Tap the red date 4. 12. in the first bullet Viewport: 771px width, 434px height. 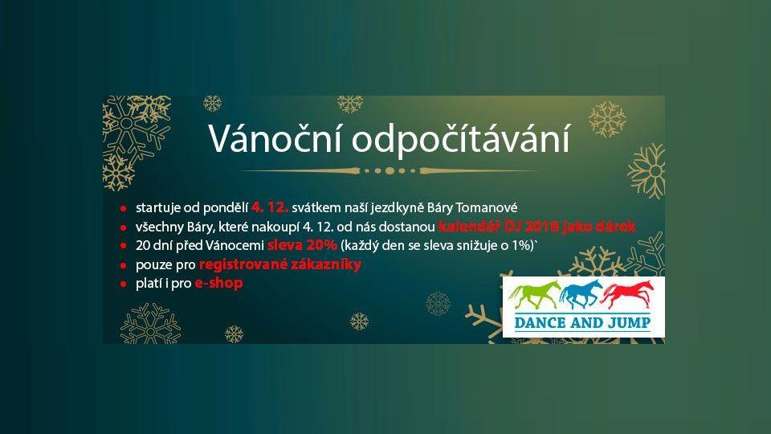point(270,207)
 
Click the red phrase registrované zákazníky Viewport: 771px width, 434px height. point(279,264)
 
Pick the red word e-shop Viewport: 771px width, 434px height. point(218,284)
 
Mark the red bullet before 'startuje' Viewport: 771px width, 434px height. point(124,208)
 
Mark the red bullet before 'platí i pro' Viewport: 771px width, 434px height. point(124,285)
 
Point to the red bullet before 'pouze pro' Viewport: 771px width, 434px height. point(124,265)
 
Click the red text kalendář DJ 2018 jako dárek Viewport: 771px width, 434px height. point(536,227)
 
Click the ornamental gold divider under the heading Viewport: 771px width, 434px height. point(390,170)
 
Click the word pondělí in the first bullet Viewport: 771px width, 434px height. point(227,208)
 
